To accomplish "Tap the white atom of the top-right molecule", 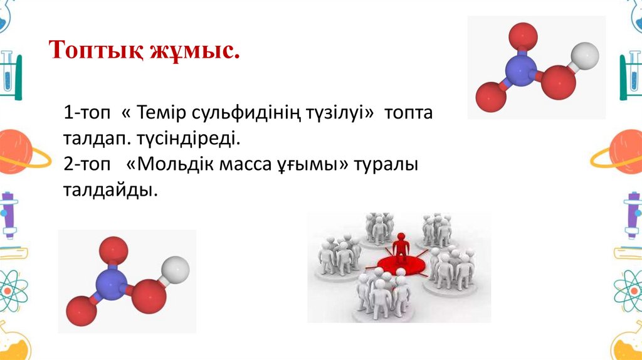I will pos(586,56).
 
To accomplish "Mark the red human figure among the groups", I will pos(400,247).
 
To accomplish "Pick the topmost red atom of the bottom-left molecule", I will pos(113,250).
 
